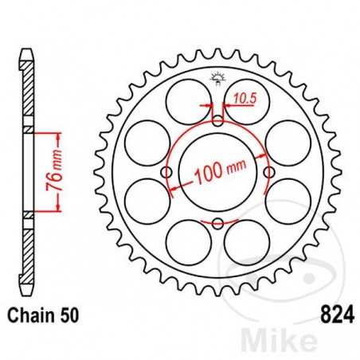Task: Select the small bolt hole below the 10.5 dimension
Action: click(x=217, y=120)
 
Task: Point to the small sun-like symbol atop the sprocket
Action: click(x=217, y=77)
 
